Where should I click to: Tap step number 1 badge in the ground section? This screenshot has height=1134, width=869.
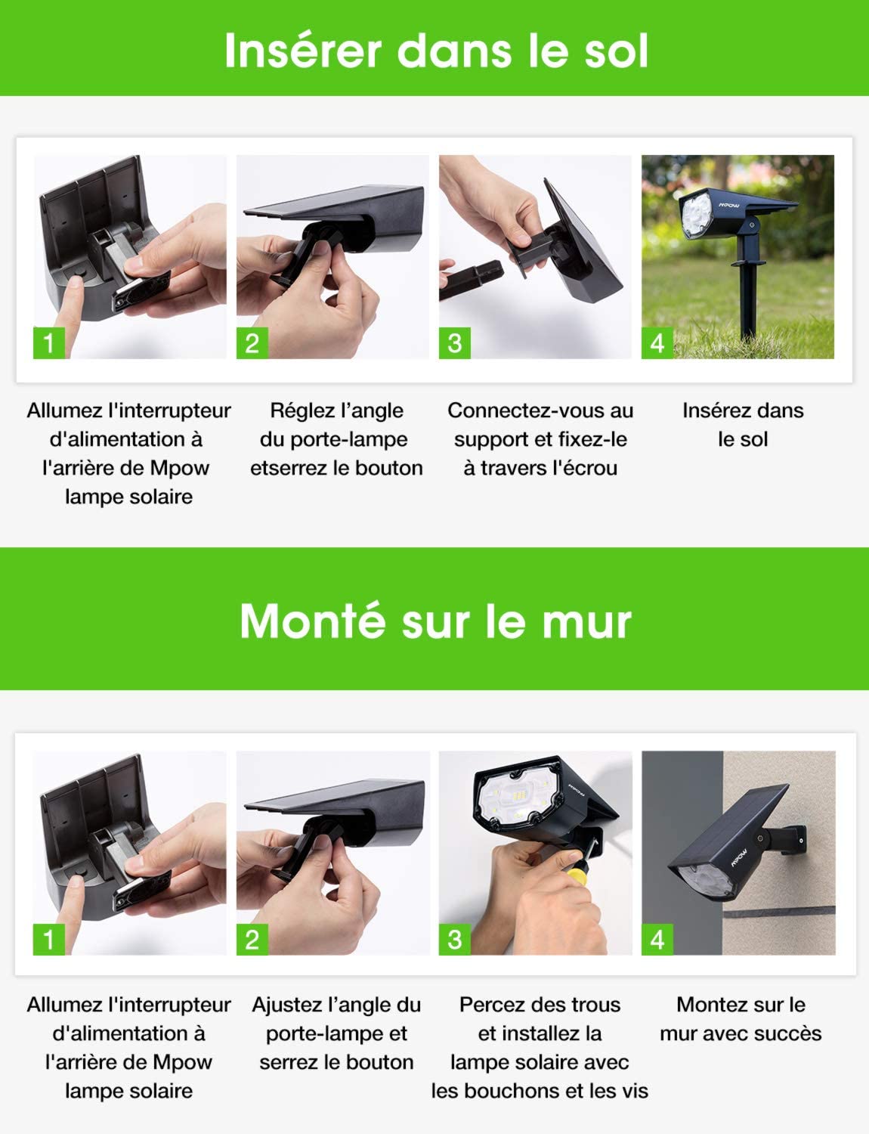[49, 342]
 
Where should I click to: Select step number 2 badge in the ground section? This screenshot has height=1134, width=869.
[252, 342]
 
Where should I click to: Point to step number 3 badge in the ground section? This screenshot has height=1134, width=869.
[454, 342]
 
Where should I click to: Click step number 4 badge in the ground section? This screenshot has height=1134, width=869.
[657, 342]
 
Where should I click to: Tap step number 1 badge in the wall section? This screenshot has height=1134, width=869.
[49, 939]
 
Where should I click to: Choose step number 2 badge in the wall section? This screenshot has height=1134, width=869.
[252, 939]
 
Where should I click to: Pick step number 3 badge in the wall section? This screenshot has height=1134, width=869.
[454, 939]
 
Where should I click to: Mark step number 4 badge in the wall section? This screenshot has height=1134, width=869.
[657, 939]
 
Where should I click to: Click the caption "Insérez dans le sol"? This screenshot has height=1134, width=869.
[742, 424]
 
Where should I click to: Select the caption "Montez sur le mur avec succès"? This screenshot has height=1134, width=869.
[741, 1018]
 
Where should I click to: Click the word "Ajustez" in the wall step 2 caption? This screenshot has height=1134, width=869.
[286, 1005]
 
